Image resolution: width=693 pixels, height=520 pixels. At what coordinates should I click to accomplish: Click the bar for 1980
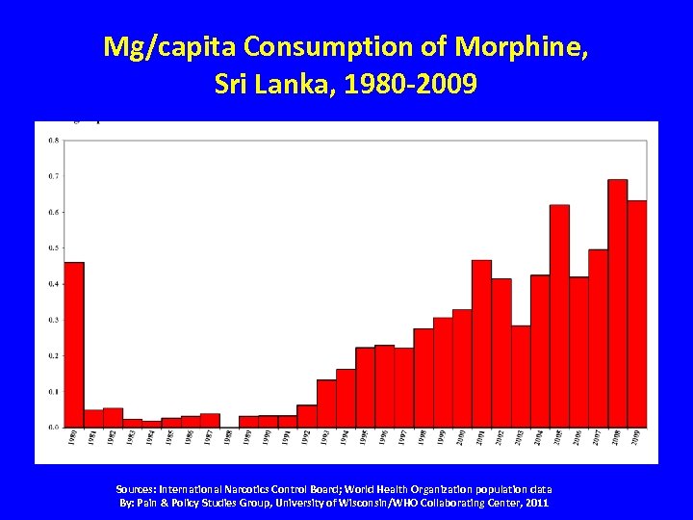pyautogui.click(x=74, y=344)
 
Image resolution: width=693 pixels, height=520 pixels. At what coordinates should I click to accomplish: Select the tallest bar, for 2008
pyautogui.click(x=617, y=302)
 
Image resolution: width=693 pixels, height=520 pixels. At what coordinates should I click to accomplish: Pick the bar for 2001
pyautogui.click(x=481, y=343)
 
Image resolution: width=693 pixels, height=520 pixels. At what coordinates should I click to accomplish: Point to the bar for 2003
pyautogui.click(x=521, y=376)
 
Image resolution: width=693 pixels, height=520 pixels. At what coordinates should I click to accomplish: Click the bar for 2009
pyautogui.click(x=637, y=313)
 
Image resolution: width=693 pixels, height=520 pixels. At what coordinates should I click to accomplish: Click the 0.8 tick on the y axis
pyautogui.click(x=53, y=141)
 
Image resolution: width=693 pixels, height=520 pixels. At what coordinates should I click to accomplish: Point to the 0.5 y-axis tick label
pyautogui.click(x=53, y=247)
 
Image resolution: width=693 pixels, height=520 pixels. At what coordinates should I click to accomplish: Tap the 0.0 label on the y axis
pyautogui.click(x=53, y=427)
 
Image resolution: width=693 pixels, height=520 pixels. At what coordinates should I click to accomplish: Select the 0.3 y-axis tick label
pyautogui.click(x=53, y=320)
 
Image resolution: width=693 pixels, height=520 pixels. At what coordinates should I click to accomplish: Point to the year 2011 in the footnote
pyautogui.click(x=536, y=503)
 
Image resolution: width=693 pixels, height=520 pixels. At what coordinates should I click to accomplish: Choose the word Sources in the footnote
pyautogui.click(x=138, y=489)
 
